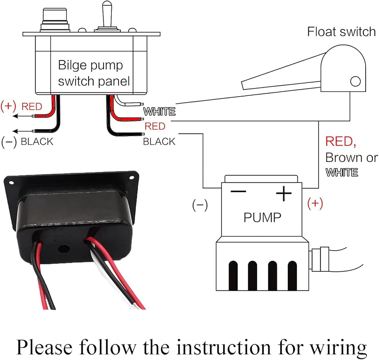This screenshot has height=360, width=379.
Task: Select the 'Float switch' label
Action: pos(341,31)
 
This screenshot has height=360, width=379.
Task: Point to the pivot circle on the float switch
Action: pos(355,81)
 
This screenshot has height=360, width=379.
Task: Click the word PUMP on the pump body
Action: pos(262,217)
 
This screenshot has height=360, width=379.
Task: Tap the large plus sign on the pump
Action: pos(283,194)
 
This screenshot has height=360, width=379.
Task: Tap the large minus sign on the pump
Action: pos(238,191)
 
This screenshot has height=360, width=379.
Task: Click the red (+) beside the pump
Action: pos(315,204)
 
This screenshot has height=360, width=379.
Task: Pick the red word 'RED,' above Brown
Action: pos(341,142)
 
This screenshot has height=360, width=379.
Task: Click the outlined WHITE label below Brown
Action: pos(342,173)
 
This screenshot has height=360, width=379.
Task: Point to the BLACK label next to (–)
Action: pos(37,142)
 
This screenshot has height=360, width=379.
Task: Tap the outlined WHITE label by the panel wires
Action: pos(159,112)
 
